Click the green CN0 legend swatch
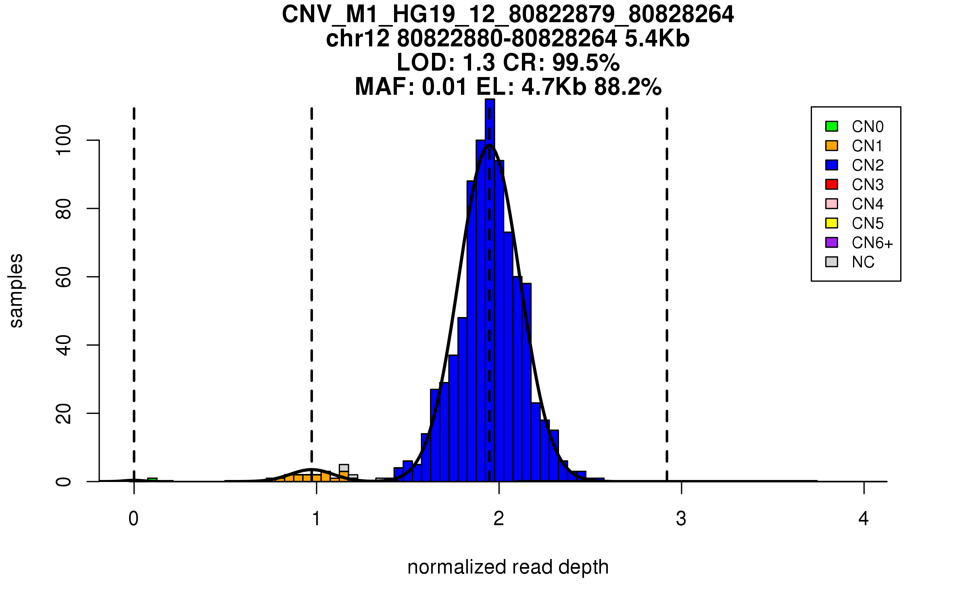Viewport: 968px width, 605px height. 831,126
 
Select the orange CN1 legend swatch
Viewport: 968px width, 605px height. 831,146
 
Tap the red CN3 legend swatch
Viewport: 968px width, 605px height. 831,184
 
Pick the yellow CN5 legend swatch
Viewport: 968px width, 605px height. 831,223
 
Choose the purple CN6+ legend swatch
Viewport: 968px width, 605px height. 831,242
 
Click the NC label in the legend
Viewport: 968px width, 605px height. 863,262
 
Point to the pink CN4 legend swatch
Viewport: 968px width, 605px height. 831,204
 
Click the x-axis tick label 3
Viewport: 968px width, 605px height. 681,519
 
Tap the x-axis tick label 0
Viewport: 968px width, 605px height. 134,519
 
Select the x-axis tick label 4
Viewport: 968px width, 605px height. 863,519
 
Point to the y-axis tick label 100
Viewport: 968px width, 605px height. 63,140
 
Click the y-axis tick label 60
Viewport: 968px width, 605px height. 63,277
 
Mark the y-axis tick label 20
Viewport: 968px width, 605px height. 63,413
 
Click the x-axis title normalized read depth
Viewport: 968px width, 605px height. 508,567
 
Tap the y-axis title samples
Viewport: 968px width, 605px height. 16,290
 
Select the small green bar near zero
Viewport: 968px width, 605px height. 152,480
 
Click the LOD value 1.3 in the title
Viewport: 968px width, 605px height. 479,63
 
